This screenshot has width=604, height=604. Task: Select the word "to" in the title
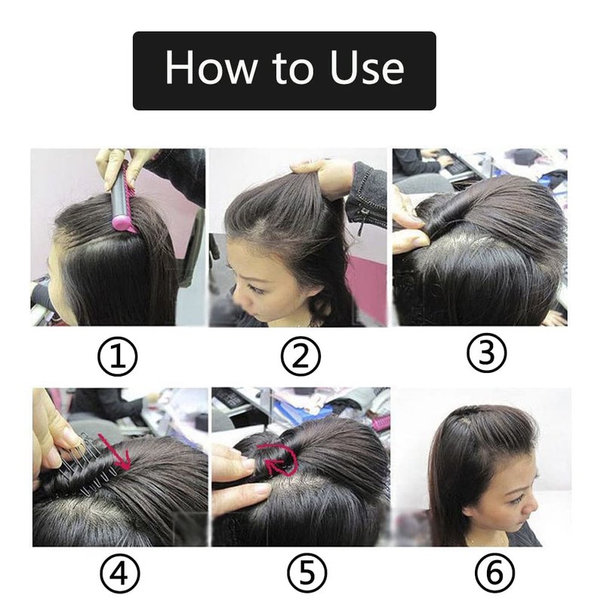[x=293, y=69]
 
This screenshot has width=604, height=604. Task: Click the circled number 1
[x=118, y=356]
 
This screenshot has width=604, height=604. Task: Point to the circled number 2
[x=300, y=356]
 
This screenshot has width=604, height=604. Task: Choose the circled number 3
[x=486, y=353]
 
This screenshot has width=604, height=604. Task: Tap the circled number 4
[x=119, y=574]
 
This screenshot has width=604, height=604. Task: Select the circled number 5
[x=307, y=574]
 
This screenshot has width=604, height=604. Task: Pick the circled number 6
[x=495, y=574]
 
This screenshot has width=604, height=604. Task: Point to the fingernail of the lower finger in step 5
[x=263, y=489]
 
